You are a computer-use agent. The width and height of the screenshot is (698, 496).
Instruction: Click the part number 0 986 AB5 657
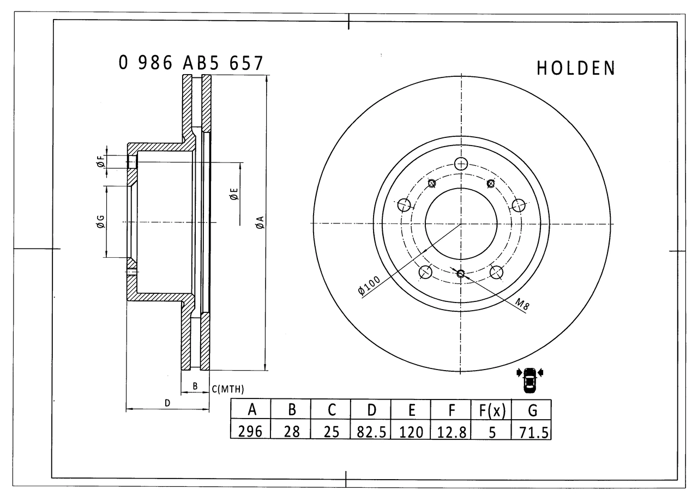191,63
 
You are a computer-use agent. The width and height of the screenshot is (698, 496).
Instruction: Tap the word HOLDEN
575,68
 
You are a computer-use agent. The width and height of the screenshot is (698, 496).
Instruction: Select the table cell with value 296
250,432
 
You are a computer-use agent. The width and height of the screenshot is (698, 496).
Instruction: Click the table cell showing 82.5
371,432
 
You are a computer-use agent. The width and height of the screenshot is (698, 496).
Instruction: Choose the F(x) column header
491,410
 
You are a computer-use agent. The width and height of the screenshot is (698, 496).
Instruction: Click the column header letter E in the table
411,410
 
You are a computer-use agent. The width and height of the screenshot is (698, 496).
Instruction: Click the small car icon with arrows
529,380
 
